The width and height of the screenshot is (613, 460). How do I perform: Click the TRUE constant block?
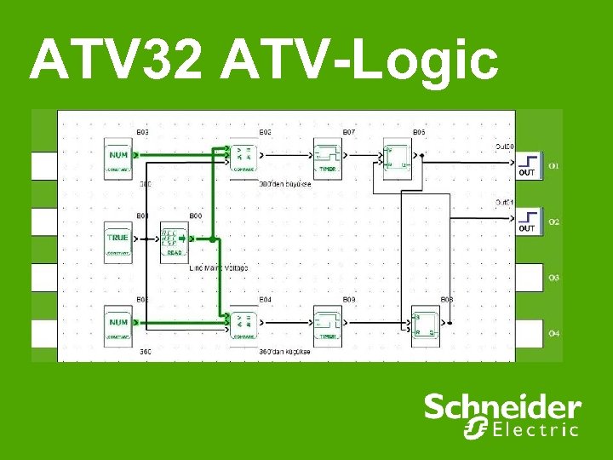[118, 240]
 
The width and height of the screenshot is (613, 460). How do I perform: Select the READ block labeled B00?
[175, 240]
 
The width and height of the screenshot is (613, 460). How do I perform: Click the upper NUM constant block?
[118, 158]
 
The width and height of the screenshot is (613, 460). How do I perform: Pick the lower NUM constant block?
[118, 325]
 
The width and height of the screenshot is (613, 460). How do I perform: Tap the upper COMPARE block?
[244, 158]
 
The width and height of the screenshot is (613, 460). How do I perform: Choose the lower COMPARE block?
[244, 325]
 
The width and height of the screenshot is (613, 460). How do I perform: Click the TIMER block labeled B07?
[328, 158]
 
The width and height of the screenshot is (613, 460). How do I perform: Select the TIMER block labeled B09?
[328, 325]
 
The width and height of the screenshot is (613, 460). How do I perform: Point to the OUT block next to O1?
[528, 164]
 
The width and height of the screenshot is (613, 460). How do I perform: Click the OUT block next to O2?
[528, 221]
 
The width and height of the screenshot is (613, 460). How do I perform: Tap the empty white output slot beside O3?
[529, 277]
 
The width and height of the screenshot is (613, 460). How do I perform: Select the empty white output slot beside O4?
[529, 332]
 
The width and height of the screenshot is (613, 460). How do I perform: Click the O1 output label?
[553, 164]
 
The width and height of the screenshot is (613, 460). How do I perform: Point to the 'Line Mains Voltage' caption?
[219, 267]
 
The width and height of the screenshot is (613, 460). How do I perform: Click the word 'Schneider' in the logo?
[502, 407]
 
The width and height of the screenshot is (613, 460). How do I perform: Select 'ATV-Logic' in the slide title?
[359, 61]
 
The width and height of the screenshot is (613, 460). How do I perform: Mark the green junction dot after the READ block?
[213, 240]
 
